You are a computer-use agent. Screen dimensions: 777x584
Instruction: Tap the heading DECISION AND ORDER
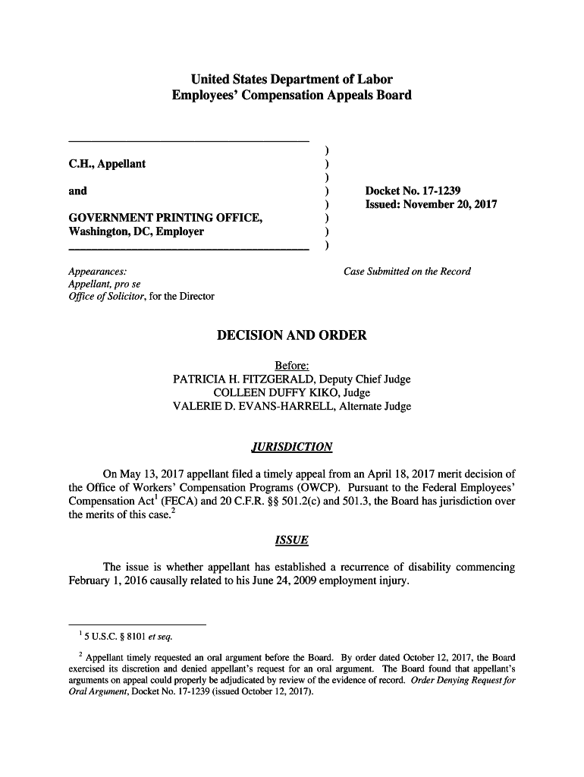coord(291,335)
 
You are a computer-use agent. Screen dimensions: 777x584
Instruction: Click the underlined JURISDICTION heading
coord(291,446)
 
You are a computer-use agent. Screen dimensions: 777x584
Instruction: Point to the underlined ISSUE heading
coord(291,540)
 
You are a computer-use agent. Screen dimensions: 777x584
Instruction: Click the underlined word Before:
coord(291,366)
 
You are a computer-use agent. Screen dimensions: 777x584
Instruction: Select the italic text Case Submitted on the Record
coord(407,272)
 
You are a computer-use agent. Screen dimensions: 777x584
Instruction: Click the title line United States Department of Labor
coord(291,79)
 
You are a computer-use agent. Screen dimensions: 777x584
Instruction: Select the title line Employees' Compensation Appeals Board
coord(291,96)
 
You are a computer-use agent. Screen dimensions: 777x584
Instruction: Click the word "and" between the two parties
coord(77,191)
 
